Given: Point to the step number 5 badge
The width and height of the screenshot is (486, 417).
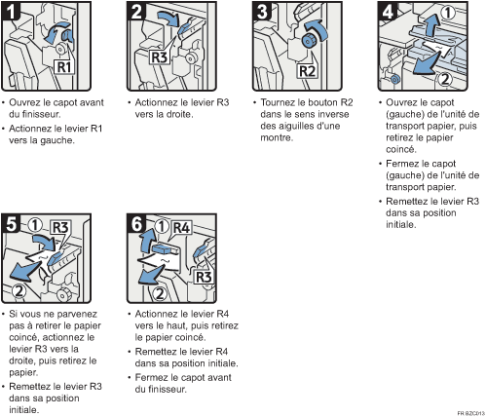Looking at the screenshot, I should tap(13, 221).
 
